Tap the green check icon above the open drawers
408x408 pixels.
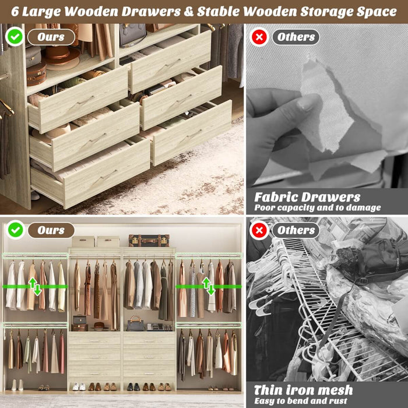[15, 37]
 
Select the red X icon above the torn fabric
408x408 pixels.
[259, 37]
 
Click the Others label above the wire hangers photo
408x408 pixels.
[296, 230]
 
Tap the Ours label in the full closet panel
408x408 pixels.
[51, 230]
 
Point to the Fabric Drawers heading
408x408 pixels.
[307, 197]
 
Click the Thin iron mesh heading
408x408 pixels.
[303, 389]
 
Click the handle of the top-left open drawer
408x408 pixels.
[86, 100]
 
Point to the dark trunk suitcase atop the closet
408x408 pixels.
[149, 240]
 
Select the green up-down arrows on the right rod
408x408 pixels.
[208, 286]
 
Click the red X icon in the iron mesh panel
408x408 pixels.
[259, 230]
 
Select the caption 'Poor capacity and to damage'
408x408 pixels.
[317, 207]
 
